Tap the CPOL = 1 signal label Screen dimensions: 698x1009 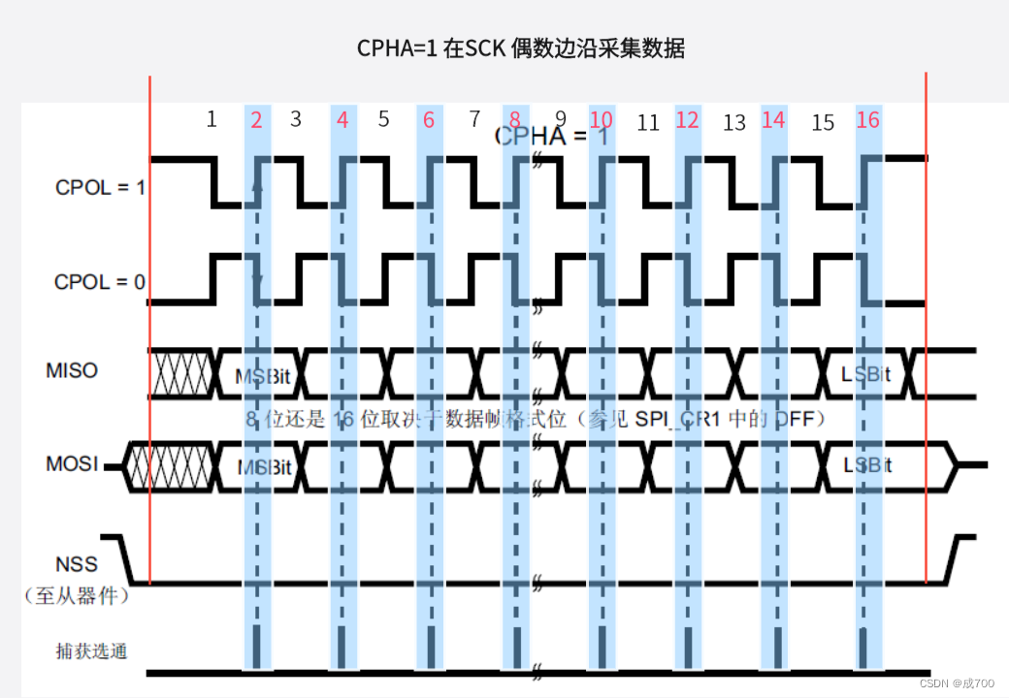pyautogui.click(x=100, y=187)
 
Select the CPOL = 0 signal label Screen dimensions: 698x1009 pyautogui.click(x=100, y=282)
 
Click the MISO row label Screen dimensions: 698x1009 pyautogui.click(x=72, y=370)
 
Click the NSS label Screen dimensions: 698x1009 pyautogui.click(x=77, y=564)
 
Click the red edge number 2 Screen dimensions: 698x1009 pyautogui.click(x=256, y=119)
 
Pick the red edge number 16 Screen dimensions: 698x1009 pyautogui.click(x=867, y=119)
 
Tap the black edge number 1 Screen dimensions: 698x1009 pyautogui.click(x=212, y=119)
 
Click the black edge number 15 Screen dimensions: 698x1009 pyautogui.click(x=823, y=122)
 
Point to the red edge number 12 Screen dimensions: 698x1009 pyautogui.click(x=687, y=119)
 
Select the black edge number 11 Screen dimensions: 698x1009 pyautogui.click(x=647, y=122)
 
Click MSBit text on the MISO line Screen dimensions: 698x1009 pyautogui.click(x=264, y=376)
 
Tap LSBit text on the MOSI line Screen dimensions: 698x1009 pyautogui.click(x=867, y=465)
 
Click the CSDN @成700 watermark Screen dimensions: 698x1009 pyautogui.click(x=956, y=683)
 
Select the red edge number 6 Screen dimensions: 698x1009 pyautogui.click(x=429, y=119)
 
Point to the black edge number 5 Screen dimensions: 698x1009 pyautogui.click(x=383, y=119)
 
